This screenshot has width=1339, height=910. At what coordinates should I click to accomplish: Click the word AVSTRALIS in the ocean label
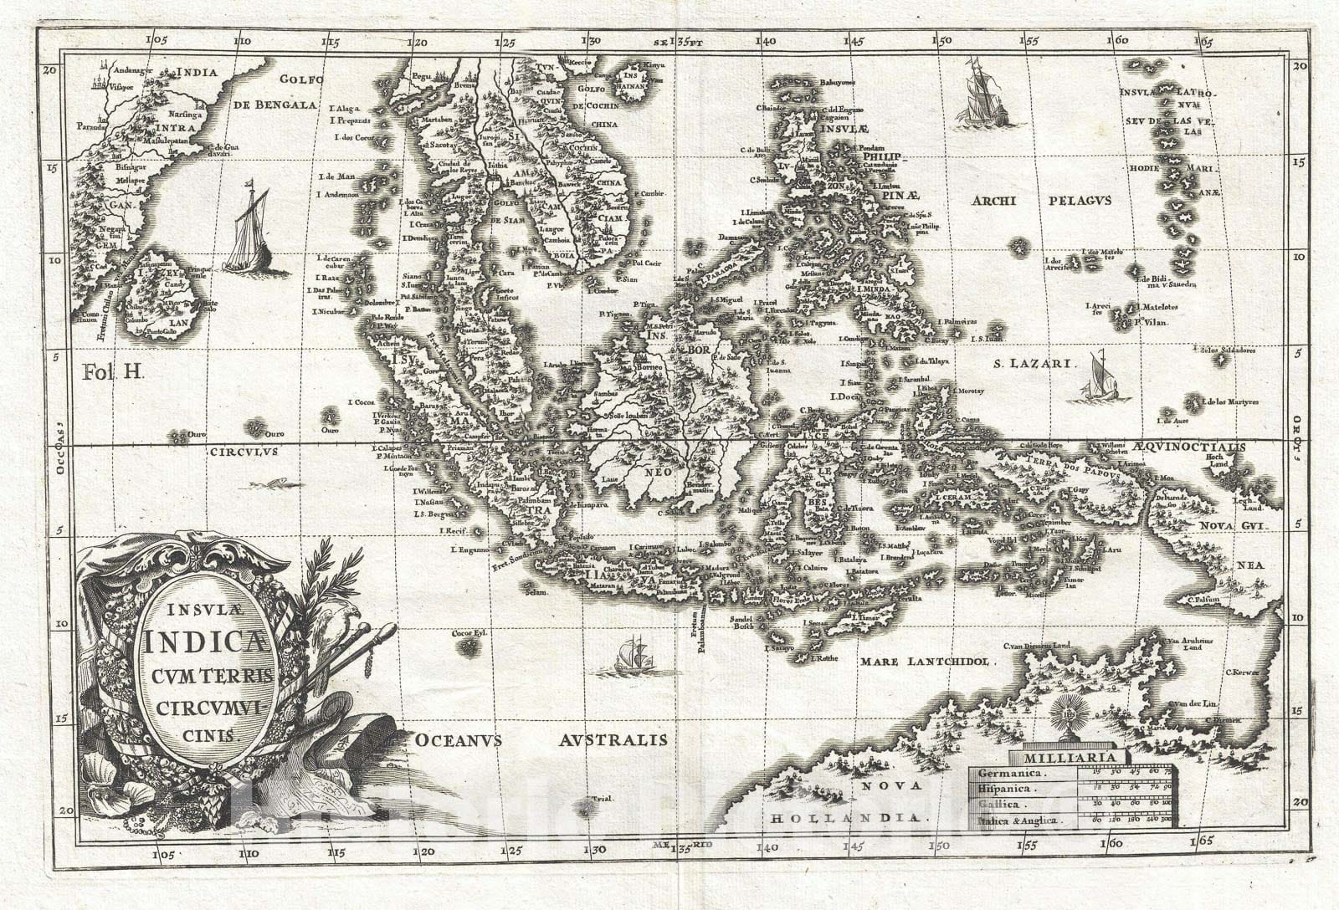pos(613,739)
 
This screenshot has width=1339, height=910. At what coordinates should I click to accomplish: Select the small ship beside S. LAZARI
pos(1100,378)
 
